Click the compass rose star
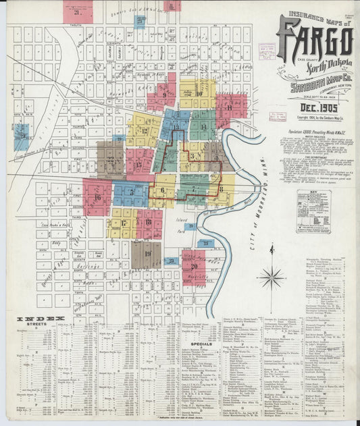click(x=272, y=276)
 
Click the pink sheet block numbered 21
click(x=78, y=11)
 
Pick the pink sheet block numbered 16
click(x=97, y=197)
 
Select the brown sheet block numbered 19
click(x=147, y=254)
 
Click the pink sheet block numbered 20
click(x=194, y=267)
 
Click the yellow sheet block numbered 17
click(x=124, y=222)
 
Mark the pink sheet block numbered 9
click(x=163, y=95)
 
